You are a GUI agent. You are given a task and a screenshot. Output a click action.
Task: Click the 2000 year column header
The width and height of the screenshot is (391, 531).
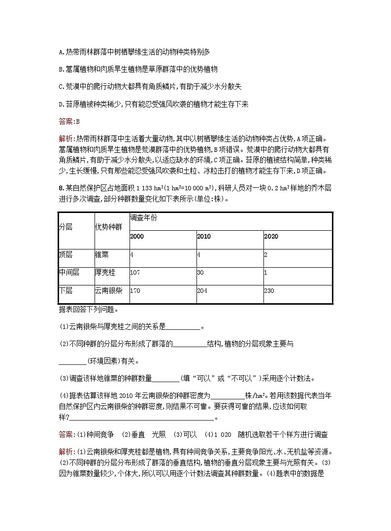pos(137,237)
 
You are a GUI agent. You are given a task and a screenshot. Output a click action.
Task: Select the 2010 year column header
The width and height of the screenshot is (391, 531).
pos(203,237)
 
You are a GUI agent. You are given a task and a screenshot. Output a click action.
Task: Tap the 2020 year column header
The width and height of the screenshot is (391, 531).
pos(271,237)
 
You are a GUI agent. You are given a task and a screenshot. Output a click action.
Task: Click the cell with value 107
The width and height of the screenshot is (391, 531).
pos(135,272)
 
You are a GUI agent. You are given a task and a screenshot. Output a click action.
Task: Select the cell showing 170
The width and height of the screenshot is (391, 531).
pos(135,291)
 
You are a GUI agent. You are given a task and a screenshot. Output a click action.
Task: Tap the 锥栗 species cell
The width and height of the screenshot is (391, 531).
pos(102,255)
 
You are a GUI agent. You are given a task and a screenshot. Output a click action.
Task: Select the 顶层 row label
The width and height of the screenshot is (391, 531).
pos(65,255)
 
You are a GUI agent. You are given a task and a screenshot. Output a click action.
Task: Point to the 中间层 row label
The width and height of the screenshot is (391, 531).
pos(69,272)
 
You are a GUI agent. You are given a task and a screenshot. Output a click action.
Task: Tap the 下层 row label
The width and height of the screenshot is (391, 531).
pos(65,291)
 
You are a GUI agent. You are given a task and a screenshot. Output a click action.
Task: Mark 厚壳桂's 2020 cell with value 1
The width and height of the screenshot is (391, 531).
pos(265,272)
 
